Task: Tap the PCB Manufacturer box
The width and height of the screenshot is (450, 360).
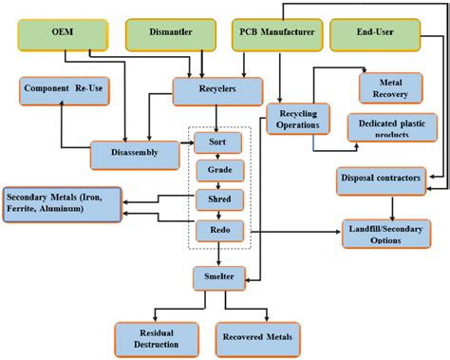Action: pyautogui.click(x=273, y=35)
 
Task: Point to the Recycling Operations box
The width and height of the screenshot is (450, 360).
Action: pyautogui.click(x=297, y=118)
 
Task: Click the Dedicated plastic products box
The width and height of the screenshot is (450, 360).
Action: pyautogui.click(x=389, y=127)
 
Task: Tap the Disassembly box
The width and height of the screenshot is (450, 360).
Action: pyautogui.click(x=134, y=154)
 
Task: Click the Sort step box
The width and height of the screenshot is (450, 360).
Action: pyautogui.click(x=219, y=144)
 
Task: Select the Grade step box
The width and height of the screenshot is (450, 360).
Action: pyautogui.click(x=219, y=172)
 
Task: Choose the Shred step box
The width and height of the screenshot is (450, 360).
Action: pyautogui.click(x=219, y=200)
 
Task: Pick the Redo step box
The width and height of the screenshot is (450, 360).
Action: pyautogui.click(x=219, y=229)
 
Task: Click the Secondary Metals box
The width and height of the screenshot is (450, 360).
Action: pyautogui.click(x=62, y=204)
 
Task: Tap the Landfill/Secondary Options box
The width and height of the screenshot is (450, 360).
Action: pyautogui.click(x=390, y=233)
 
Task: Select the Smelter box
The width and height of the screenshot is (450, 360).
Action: pyautogui.click(x=219, y=278)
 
